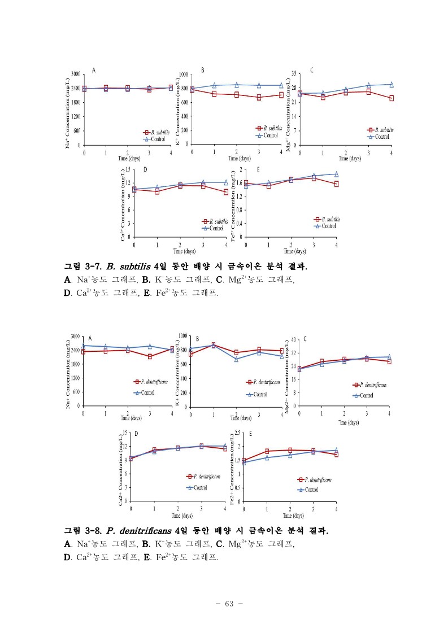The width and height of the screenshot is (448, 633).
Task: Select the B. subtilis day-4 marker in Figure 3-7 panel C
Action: tap(391, 98)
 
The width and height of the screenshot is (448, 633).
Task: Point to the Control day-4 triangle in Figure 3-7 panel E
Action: tap(336, 174)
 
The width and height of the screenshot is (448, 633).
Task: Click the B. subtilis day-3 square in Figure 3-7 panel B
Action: tap(259, 97)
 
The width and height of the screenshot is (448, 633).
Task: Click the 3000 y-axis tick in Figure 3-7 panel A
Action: tap(74, 74)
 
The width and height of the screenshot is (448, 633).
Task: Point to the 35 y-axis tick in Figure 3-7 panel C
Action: tap(294, 73)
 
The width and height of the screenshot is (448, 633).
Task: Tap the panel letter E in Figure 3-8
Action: tap(250, 434)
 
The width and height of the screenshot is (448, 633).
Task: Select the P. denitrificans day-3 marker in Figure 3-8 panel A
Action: tap(150, 356)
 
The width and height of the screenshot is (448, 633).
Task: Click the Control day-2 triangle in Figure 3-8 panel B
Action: tap(236, 359)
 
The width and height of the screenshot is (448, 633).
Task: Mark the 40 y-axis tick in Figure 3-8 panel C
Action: tap(292, 339)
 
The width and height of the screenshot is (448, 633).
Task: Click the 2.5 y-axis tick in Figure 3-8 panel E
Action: tap(236, 433)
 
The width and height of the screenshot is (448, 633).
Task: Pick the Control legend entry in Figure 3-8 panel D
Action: tap(197, 487)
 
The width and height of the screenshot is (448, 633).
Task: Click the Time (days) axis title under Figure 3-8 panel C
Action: tap(349, 422)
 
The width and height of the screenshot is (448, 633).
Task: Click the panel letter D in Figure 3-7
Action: tap(145, 169)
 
